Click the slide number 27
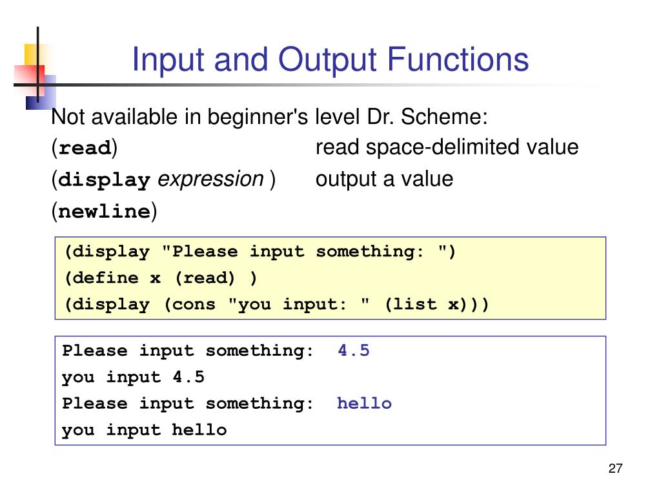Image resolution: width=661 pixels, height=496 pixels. point(615,469)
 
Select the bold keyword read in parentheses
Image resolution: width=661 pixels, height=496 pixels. point(85,148)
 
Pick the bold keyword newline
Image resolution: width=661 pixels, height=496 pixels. point(104,211)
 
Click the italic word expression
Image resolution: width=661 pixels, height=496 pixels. point(211,179)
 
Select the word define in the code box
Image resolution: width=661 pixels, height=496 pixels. point(106,278)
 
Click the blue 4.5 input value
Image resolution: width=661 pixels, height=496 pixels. point(354,351)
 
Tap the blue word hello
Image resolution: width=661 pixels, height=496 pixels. point(364,404)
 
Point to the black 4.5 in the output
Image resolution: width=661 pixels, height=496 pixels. point(188,377)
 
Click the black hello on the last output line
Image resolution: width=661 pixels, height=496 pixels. point(199,430)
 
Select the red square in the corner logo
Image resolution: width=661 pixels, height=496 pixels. point(28,77)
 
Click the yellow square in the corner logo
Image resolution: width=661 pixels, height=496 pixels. point(32,53)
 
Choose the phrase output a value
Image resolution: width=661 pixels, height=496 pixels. point(384,179)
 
